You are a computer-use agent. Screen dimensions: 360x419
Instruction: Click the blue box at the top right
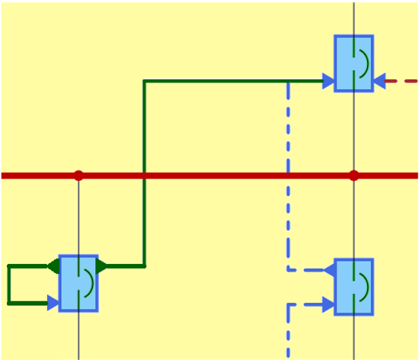pos(353,63)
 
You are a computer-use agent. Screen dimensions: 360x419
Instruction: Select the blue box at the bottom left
pos(78,283)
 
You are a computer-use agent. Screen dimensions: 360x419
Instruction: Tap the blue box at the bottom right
pos(353,287)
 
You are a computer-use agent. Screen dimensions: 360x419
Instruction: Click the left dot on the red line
pos(78,175)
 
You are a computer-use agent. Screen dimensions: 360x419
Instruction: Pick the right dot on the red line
pos(353,175)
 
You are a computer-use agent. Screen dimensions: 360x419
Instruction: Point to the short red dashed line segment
pos(401,80)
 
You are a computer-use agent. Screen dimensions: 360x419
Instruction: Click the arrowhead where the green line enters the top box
pos(328,81)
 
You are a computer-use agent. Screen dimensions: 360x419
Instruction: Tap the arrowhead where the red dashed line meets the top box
pos(379,80)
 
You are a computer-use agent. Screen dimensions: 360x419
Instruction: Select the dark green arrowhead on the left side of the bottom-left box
pos(53,266)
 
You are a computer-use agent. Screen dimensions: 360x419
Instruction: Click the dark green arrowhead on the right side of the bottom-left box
pos(103,266)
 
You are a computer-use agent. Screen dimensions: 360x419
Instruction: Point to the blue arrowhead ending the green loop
pos(53,303)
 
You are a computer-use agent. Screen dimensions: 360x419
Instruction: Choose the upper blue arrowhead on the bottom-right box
pos(329,269)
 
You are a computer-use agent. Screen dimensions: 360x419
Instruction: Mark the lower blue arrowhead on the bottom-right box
pos(328,304)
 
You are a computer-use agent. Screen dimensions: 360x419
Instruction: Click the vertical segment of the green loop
pos(8,284)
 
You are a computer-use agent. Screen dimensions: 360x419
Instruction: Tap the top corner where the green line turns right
pos(145,81)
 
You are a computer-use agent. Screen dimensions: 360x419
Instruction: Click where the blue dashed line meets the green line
pos(288,81)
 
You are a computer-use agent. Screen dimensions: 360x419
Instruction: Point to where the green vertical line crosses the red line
pos(145,175)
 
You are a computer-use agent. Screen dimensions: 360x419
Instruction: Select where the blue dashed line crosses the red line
pos(288,175)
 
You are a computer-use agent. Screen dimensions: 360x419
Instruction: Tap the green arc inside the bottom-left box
pos(92,283)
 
